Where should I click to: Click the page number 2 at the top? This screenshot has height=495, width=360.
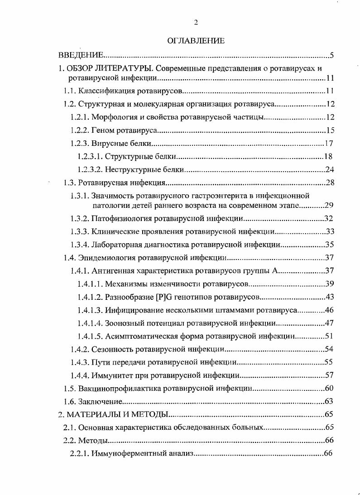tap(196, 23)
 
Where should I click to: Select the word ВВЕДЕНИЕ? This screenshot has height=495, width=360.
tap(82, 56)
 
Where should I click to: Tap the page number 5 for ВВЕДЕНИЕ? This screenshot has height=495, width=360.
tap(331, 56)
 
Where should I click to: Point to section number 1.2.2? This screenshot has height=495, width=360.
tap(80, 131)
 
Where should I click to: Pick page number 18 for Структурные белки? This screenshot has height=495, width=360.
tap(329, 157)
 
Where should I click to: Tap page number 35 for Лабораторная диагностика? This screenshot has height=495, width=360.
tap(329, 245)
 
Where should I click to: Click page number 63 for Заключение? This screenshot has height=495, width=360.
tap(329, 401)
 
